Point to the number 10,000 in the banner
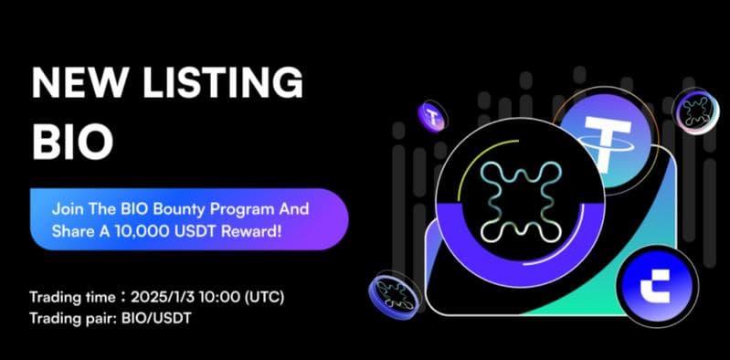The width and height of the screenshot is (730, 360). pos(131,231)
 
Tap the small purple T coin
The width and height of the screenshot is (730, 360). pos(430,115)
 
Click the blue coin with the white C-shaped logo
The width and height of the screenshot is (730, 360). pos(657,284)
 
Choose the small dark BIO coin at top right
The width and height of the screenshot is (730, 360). pos(695,112)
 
